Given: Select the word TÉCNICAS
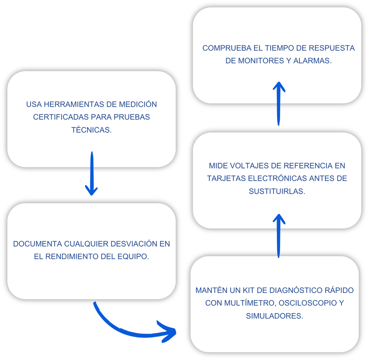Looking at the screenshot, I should (91, 130).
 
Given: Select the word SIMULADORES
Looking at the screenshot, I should (274, 316).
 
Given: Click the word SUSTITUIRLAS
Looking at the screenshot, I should (277, 192).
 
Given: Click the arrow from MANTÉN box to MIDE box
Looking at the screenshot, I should (279, 236).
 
